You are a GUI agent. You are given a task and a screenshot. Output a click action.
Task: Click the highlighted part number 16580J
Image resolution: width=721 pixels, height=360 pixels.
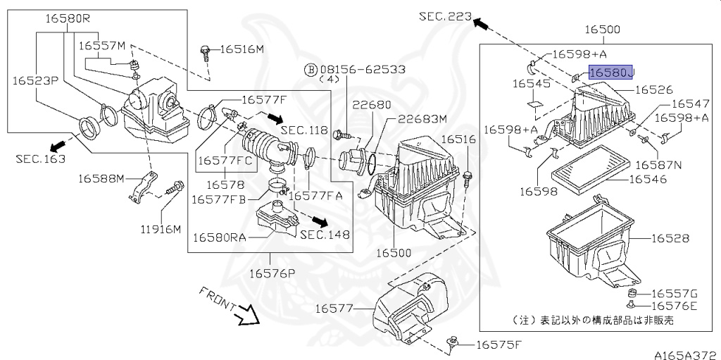[x=611, y=73]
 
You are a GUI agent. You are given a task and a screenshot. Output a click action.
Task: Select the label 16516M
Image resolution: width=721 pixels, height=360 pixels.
[x=242, y=49]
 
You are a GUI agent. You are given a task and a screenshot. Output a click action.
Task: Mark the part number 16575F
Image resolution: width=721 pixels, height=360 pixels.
[x=499, y=345]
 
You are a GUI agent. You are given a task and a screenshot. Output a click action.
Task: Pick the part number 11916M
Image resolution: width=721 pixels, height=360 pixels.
[x=160, y=229]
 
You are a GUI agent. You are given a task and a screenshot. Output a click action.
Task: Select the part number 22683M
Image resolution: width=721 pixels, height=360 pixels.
[x=420, y=118]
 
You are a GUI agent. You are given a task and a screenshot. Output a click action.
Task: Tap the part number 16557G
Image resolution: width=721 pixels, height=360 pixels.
[x=673, y=293]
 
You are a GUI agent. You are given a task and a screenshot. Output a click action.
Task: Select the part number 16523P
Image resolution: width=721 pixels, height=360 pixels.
[x=35, y=81]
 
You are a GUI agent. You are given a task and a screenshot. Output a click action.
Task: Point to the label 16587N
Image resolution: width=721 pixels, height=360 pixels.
[x=658, y=164]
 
